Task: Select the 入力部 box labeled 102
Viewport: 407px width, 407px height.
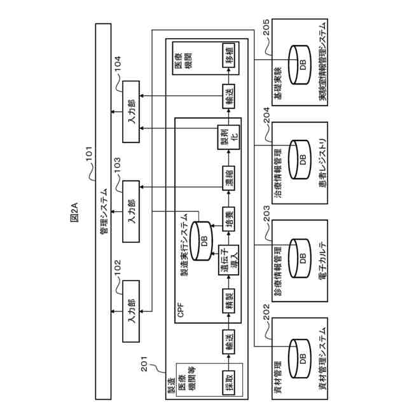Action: (x=132, y=310)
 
